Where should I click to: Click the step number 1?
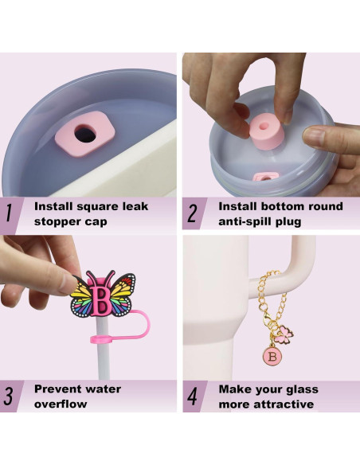tap(9, 213)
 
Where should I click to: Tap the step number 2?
tap(192, 213)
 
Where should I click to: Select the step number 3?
tap(9, 396)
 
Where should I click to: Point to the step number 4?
tap(192, 396)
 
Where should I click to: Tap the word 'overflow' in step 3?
tap(61, 404)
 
